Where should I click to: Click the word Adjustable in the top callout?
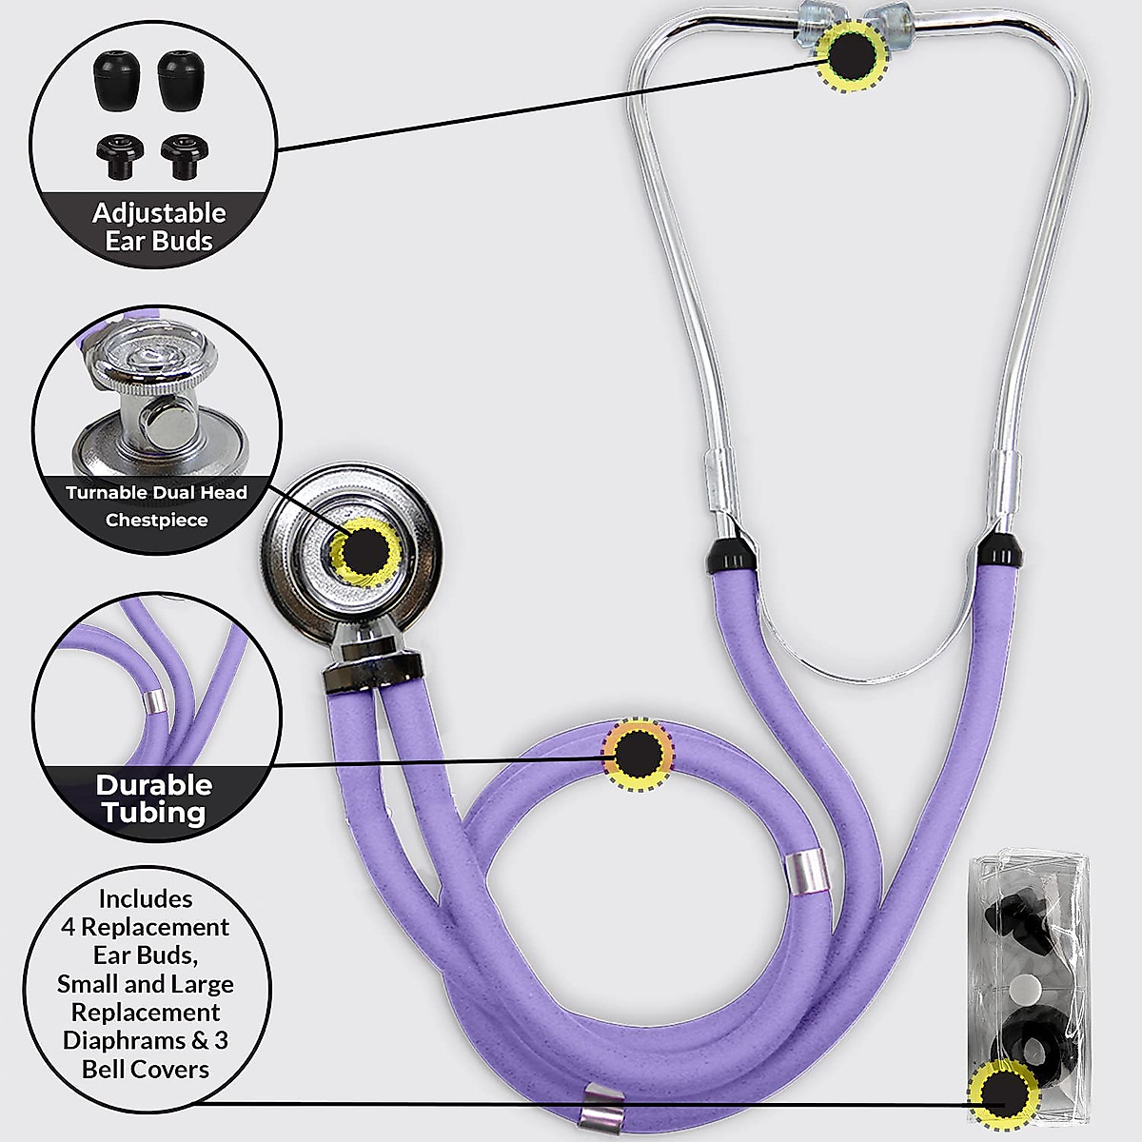click(159, 213)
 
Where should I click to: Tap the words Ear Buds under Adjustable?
click(159, 242)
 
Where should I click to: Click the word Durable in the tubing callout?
click(154, 785)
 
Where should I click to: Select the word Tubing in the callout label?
click(155, 813)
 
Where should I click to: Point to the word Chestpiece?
click(156, 521)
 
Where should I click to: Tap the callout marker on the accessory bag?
click(1002, 1095)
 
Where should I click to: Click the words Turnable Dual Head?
click(156, 493)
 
